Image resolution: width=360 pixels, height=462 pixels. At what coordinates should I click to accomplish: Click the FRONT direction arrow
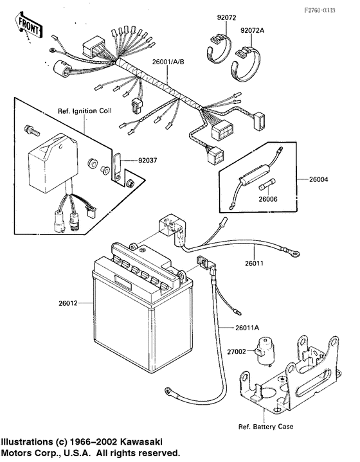tap(28, 25)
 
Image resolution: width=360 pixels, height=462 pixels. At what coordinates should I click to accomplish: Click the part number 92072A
tap(253, 30)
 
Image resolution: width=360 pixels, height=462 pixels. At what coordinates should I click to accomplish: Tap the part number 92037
tap(148, 161)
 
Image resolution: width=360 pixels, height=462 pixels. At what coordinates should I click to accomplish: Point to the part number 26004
tap(318, 179)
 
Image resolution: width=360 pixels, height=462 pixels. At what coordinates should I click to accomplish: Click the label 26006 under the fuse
tap(268, 199)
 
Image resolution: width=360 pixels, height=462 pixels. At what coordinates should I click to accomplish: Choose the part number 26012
tap(67, 303)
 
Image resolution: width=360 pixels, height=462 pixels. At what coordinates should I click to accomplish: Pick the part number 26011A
tap(247, 328)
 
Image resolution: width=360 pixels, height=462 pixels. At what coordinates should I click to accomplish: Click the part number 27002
tap(237, 351)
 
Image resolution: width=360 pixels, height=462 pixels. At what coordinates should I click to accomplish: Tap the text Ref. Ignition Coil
tap(85, 111)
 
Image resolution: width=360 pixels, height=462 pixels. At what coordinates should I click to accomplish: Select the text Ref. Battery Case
tap(266, 427)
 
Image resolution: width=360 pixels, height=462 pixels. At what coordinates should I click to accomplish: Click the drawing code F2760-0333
tap(320, 10)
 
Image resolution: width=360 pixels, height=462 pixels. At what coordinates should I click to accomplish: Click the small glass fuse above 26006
tap(267, 184)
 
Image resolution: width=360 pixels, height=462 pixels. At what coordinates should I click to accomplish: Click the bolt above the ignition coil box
tap(32, 130)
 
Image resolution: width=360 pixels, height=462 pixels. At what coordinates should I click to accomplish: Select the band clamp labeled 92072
tap(218, 49)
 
